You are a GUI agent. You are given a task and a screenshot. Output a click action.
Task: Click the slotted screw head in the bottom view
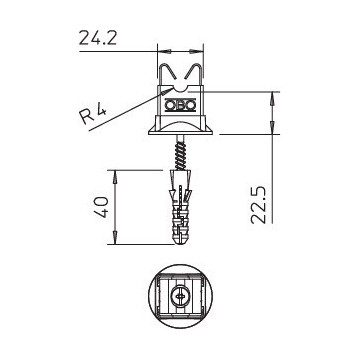(x=180, y=298)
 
